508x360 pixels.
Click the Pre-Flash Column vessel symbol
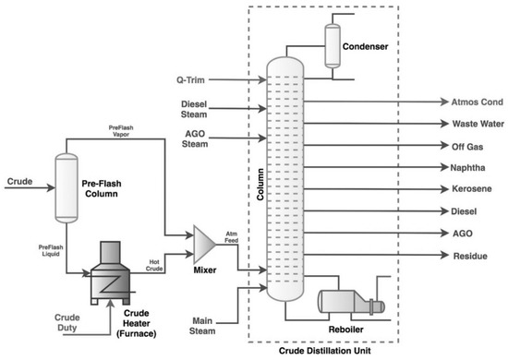tap(66, 187)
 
